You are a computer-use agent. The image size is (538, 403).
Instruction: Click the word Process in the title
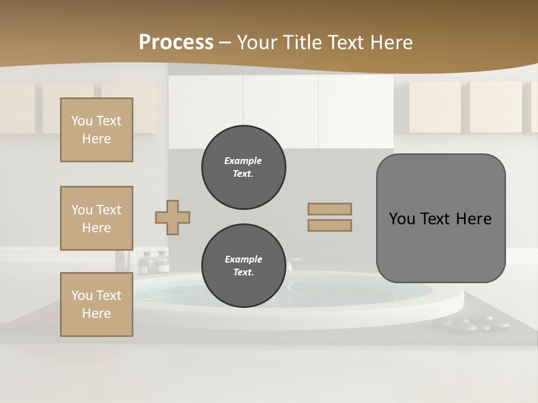pyautogui.click(x=176, y=43)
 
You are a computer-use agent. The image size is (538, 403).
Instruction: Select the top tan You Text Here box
pyautogui.click(x=96, y=130)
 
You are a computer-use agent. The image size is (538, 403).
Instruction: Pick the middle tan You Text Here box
pyautogui.click(x=96, y=218)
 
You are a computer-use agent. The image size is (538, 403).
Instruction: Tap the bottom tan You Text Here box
pyautogui.click(x=96, y=304)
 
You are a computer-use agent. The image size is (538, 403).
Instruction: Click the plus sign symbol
pyautogui.click(x=173, y=217)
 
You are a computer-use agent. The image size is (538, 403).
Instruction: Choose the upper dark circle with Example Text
pyautogui.click(x=243, y=167)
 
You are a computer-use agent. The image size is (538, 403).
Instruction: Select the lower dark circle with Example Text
pyautogui.click(x=243, y=266)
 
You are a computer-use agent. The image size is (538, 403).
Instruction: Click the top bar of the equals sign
pyautogui.click(x=330, y=209)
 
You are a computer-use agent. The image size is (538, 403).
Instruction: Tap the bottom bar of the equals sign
pyautogui.click(x=330, y=225)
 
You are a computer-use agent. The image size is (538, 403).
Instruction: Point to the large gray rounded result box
pyautogui.click(x=440, y=218)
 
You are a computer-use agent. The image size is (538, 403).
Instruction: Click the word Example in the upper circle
pyautogui.click(x=243, y=161)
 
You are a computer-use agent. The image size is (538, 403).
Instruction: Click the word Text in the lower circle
pyautogui.click(x=243, y=273)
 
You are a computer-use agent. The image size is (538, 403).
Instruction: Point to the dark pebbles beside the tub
pyautogui.click(x=471, y=323)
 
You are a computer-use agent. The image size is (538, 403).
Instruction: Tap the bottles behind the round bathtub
pyautogui.click(x=154, y=262)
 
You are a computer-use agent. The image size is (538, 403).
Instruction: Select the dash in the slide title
pyautogui.click(x=225, y=43)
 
